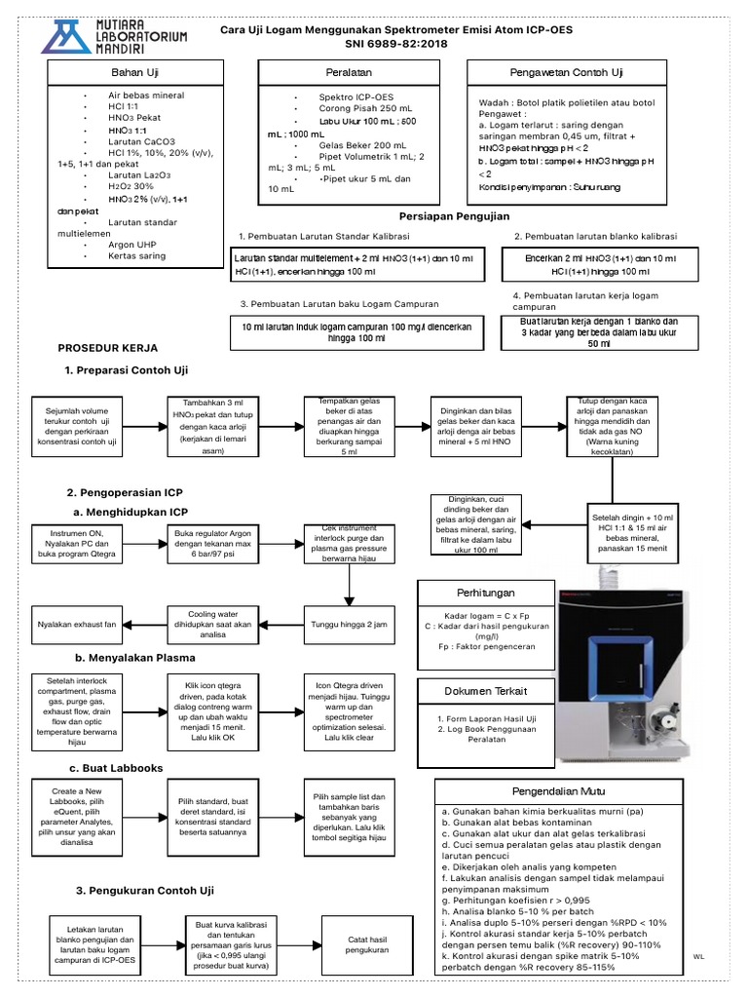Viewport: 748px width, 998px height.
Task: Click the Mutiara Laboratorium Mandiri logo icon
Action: coord(64,36)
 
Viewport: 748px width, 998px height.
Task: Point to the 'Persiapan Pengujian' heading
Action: coord(455,215)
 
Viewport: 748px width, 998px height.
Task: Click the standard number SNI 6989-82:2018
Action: coord(396,45)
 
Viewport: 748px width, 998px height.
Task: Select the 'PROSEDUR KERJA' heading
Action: coord(107,347)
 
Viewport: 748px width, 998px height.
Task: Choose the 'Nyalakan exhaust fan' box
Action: coord(76,623)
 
